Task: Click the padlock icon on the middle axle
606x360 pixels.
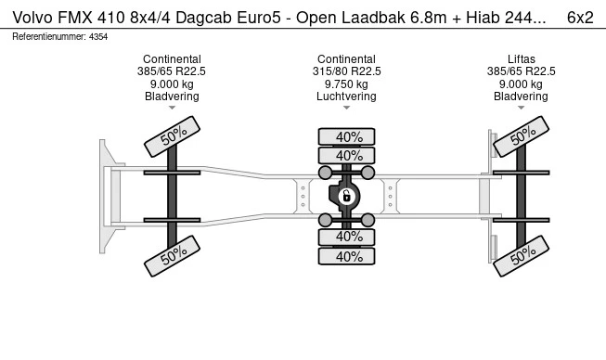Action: click(x=346, y=196)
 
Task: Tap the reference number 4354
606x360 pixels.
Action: click(x=98, y=37)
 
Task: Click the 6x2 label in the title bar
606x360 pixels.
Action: click(x=580, y=18)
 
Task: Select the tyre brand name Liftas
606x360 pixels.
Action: click(x=521, y=59)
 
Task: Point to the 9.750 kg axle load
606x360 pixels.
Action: click(x=346, y=84)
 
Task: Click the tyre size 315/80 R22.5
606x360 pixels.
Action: click(x=346, y=71)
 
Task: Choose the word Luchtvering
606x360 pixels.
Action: click(x=346, y=96)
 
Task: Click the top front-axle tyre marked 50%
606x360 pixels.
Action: click(x=172, y=136)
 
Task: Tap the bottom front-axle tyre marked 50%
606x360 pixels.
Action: click(x=172, y=256)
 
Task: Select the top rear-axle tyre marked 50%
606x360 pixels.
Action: click(x=521, y=136)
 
